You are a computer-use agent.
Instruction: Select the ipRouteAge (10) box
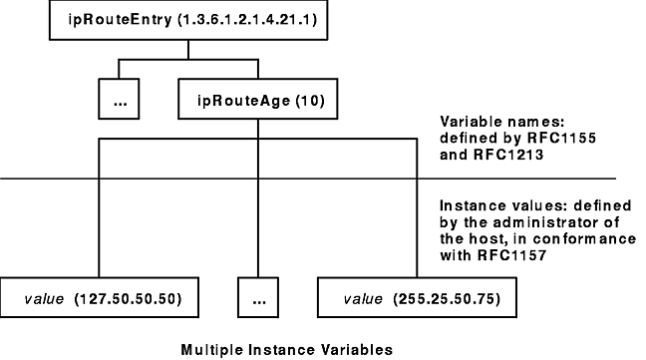258,101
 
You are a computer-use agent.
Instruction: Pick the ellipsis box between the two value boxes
257,298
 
